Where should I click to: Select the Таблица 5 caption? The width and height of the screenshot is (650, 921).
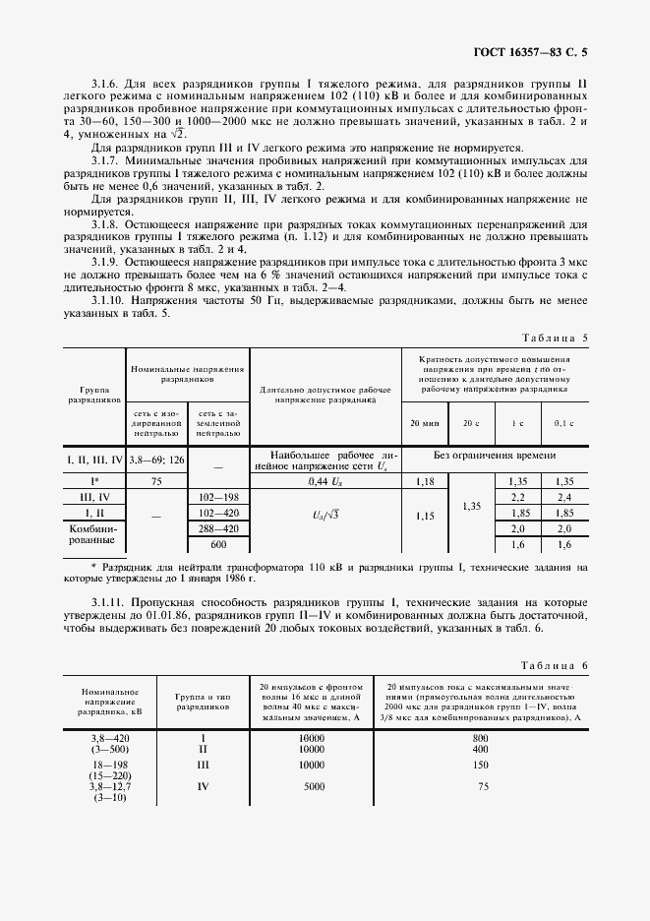(x=553, y=338)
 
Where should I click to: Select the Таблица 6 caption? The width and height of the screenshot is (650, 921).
(x=553, y=666)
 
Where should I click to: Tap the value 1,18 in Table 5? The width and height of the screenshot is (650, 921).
(x=424, y=482)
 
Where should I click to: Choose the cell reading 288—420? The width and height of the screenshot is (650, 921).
(x=218, y=528)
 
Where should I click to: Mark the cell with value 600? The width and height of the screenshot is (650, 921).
(x=218, y=544)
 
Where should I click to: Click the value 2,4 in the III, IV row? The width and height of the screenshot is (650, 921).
(x=564, y=498)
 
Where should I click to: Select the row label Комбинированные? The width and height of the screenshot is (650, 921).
(x=94, y=536)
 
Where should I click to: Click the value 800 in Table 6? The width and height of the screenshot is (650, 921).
(x=481, y=737)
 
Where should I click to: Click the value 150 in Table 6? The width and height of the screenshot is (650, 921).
(x=481, y=764)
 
